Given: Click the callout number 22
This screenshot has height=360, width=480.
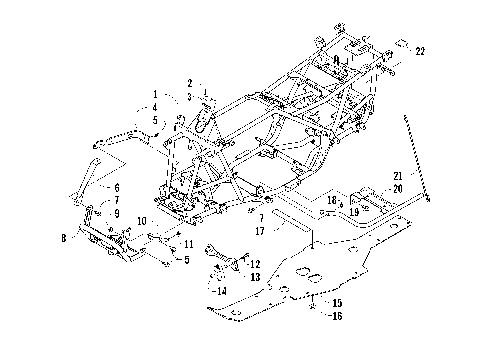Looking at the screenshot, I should [x=420, y=51].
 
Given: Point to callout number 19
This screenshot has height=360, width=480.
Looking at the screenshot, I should [x=354, y=212].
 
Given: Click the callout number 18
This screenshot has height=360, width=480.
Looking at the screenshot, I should [x=330, y=201].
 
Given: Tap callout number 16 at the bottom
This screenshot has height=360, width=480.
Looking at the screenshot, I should [x=336, y=314].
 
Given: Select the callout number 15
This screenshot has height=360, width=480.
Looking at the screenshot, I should [x=336, y=302].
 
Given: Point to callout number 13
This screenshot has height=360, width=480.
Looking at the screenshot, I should [x=256, y=276].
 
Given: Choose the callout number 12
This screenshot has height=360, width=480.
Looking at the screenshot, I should [x=256, y=263].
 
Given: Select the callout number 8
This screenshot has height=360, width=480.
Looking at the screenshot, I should [x=65, y=238].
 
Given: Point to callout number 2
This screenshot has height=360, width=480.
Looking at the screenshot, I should [x=188, y=82].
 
